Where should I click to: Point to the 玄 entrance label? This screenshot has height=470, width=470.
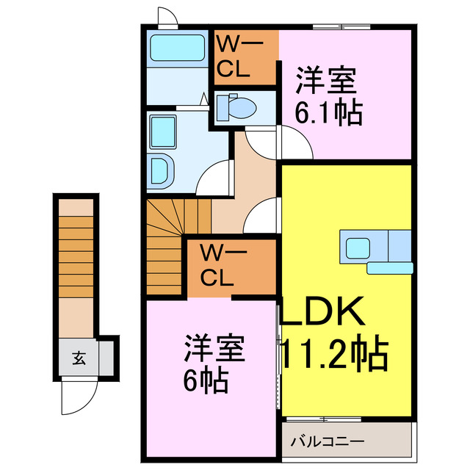[78, 359]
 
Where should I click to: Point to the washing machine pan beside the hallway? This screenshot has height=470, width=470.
[163, 131]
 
